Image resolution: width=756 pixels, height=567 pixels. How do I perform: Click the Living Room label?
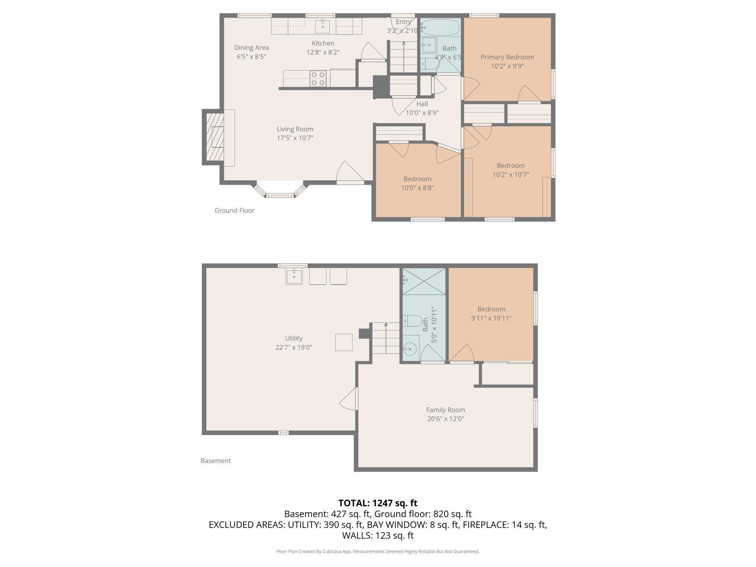pyautogui.click(x=295, y=129)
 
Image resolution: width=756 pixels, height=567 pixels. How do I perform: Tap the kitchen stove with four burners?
pyautogui.click(x=318, y=79)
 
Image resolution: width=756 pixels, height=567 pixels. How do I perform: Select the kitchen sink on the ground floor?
pyautogui.click(x=322, y=27)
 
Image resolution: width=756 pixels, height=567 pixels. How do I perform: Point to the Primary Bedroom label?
pyautogui.click(x=507, y=57)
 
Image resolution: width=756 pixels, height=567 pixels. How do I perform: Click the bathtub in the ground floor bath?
pyautogui.click(x=441, y=27)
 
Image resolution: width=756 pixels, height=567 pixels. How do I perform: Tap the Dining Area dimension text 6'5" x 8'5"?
pyautogui.click(x=252, y=57)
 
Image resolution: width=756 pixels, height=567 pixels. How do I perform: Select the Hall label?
pyautogui.click(x=422, y=104)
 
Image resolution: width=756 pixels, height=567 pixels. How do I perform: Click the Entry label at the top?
pyautogui.click(x=403, y=22)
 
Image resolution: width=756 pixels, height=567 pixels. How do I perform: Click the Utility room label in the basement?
pyautogui.click(x=294, y=338)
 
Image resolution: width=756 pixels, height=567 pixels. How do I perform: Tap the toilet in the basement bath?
pyautogui.click(x=413, y=321)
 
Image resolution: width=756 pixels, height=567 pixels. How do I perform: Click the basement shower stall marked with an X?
pyautogui.click(x=424, y=281)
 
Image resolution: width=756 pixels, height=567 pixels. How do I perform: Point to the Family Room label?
pyautogui.click(x=446, y=410)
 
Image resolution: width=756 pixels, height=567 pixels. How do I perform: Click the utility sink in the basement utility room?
pyautogui.click(x=294, y=276)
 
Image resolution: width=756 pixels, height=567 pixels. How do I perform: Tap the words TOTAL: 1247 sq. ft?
pyautogui.click(x=378, y=503)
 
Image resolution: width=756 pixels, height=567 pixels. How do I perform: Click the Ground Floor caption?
pyautogui.click(x=234, y=210)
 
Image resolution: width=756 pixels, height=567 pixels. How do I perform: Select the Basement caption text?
pyautogui.click(x=216, y=461)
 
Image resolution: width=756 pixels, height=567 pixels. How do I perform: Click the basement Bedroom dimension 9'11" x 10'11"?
pyautogui.click(x=491, y=318)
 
